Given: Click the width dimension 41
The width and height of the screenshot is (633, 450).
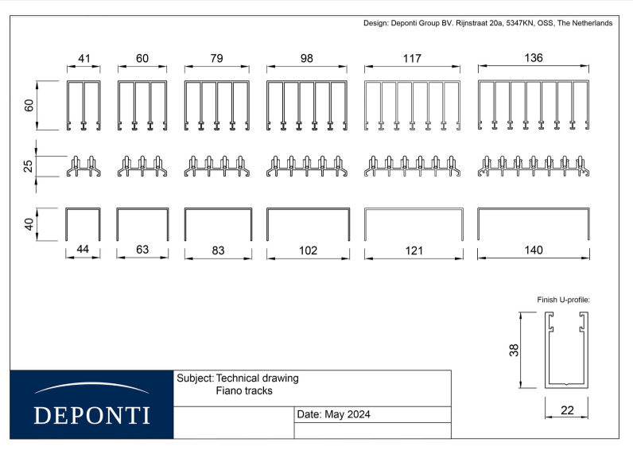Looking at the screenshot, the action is [x=84, y=59].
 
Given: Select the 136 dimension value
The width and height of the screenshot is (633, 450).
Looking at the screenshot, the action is [x=534, y=58].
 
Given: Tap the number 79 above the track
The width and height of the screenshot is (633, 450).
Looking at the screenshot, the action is [x=216, y=59].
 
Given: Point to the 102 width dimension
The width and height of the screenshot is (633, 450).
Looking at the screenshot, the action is [x=308, y=250].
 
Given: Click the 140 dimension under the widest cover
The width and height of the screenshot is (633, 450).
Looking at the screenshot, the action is [x=534, y=250].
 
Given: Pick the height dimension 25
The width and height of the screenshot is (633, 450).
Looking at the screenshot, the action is [x=28, y=166].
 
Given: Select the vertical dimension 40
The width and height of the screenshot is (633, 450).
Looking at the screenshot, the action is [x=29, y=224].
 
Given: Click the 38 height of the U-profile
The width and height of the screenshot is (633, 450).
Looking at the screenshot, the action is [x=514, y=350].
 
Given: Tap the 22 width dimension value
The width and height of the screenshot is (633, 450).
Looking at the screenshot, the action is [x=567, y=410].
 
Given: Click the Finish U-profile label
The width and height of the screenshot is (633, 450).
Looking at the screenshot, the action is [x=563, y=300].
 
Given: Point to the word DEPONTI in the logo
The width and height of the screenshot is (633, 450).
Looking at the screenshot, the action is [x=92, y=415].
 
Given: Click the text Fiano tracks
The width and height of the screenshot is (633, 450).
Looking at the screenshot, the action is [x=244, y=390].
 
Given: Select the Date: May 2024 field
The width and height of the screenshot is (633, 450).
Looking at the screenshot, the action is [x=333, y=414].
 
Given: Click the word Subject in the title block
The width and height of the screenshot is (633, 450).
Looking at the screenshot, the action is [x=196, y=378].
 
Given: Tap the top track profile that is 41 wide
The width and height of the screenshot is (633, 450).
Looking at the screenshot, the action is [x=83, y=105].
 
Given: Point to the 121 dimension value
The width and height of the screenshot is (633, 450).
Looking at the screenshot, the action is [x=414, y=251].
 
